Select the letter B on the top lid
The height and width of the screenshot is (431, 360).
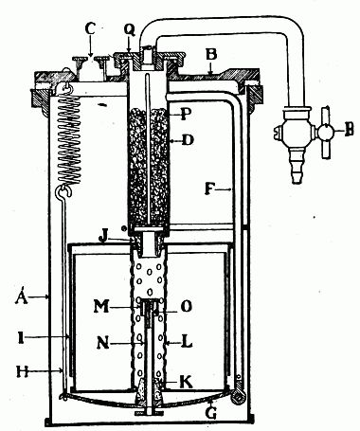214,56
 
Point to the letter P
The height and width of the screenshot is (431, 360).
184,116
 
